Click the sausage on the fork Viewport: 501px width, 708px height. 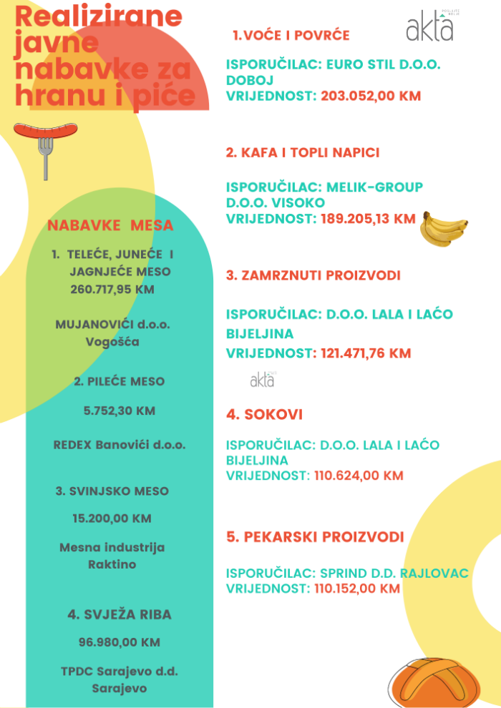tap(46, 132)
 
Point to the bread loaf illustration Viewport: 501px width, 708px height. tap(432, 682)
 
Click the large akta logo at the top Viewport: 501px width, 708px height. tap(430, 28)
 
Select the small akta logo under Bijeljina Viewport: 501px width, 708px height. tap(262, 380)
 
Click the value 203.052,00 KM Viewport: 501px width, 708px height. tap(371, 96)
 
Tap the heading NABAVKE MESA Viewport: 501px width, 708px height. tap(110, 225)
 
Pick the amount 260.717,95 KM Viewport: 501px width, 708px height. tap(112, 290)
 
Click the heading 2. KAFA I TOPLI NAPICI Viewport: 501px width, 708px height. tap(303, 152)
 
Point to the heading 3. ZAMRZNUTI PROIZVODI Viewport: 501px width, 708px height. tap(313, 275)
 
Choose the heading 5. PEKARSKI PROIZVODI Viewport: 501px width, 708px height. tap(315, 537)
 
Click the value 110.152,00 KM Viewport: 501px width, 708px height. tap(357, 589)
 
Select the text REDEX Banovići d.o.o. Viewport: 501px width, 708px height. tap(120, 445)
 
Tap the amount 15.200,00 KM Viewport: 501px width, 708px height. tap(112, 518)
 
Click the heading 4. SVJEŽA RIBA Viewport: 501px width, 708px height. tap(120, 614)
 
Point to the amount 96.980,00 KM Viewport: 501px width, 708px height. tap(119, 642)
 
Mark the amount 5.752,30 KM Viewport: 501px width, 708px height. tap(120, 411)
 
